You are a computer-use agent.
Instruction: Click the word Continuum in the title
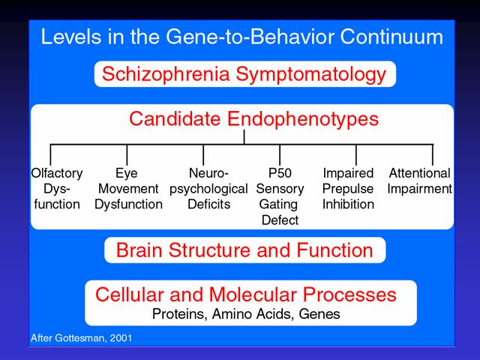391,37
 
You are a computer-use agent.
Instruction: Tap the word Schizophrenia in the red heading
166,74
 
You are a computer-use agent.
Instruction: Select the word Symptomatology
311,75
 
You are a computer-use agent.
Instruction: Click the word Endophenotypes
303,119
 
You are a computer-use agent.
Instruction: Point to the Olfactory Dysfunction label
57,188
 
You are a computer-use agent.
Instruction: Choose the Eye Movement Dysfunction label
128,188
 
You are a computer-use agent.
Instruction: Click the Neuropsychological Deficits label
208,188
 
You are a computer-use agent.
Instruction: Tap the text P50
280,173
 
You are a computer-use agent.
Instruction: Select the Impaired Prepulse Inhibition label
348,188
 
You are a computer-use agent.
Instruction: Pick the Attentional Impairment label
419,181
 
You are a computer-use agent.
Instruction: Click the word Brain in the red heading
139,250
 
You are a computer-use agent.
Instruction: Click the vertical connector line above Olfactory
50,155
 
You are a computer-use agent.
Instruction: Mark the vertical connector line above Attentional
433,155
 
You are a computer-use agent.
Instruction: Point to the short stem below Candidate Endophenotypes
244,136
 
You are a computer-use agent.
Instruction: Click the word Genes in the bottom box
319,314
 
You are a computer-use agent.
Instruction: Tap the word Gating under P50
278,205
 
